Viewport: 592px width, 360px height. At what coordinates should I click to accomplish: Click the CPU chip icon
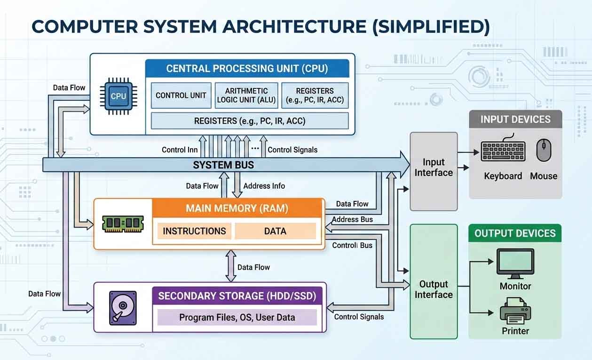click(118, 96)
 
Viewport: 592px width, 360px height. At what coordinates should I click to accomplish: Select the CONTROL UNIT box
click(181, 96)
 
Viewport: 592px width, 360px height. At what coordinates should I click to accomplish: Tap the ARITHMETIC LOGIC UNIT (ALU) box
click(246, 96)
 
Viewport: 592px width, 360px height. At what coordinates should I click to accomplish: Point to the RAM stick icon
click(123, 224)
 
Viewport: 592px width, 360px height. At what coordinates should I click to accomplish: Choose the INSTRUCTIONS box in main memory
click(194, 231)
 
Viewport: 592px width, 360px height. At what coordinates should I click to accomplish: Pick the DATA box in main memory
click(275, 231)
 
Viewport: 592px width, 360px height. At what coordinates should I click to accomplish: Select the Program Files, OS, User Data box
click(237, 317)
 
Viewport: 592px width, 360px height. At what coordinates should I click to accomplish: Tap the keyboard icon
click(503, 151)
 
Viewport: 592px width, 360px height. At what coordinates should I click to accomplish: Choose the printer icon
click(515, 311)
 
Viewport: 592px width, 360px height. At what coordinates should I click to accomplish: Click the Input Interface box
click(434, 168)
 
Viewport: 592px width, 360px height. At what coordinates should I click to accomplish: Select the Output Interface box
click(434, 289)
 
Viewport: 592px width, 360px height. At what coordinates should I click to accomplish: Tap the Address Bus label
click(352, 219)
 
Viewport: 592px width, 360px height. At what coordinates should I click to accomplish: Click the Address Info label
click(264, 186)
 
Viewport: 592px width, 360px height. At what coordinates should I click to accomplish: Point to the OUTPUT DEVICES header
click(515, 233)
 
